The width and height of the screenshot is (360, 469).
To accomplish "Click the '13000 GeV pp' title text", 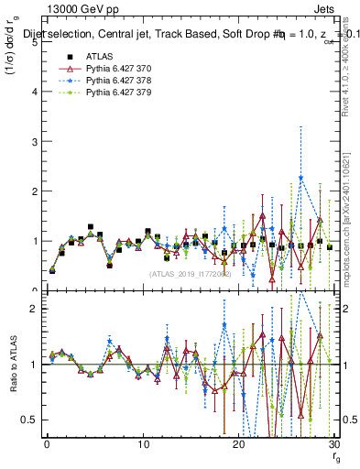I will pyautogui.click(x=53, y=9).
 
